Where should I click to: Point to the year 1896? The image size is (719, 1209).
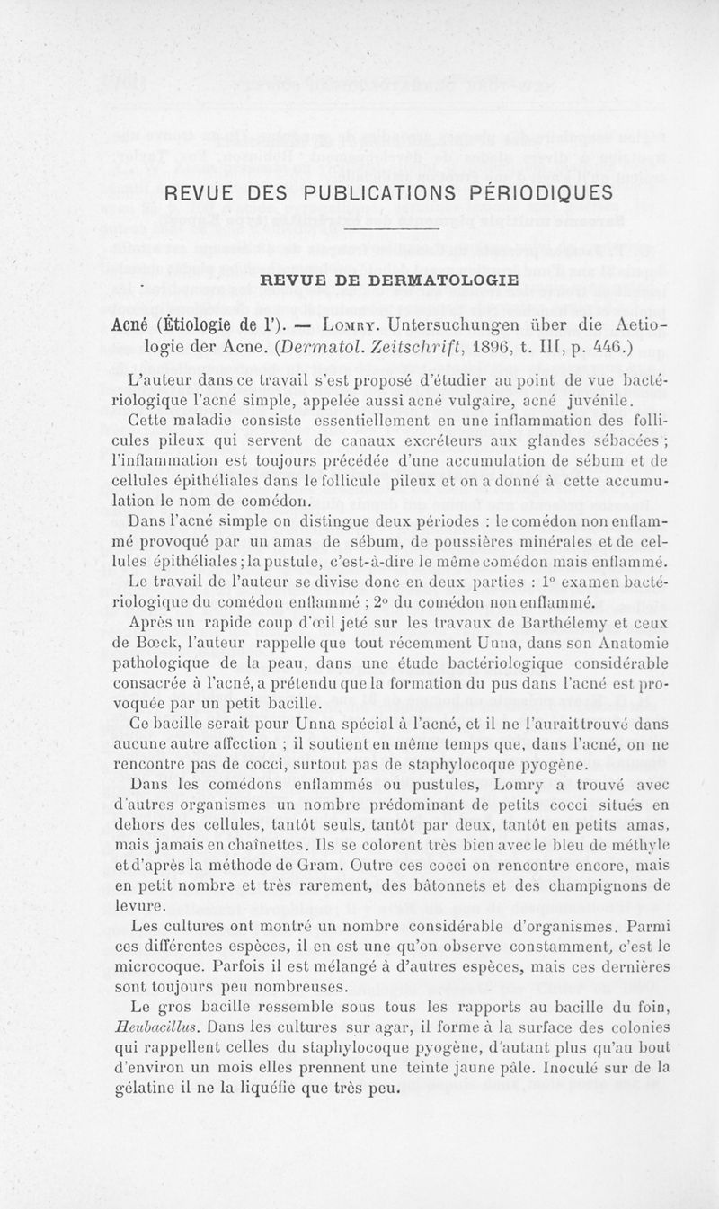(x=448, y=346)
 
